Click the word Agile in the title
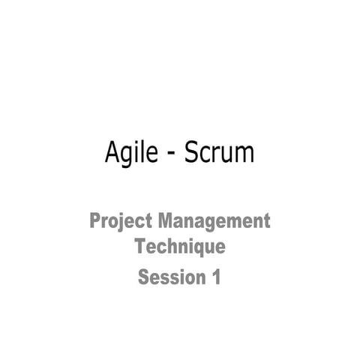tap(130, 154)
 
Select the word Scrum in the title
tap(219, 154)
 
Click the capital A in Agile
tap(112, 152)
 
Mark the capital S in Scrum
tap(190, 152)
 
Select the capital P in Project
tap(95, 221)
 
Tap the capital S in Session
tap(143, 277)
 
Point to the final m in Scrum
tap(244, 155)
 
